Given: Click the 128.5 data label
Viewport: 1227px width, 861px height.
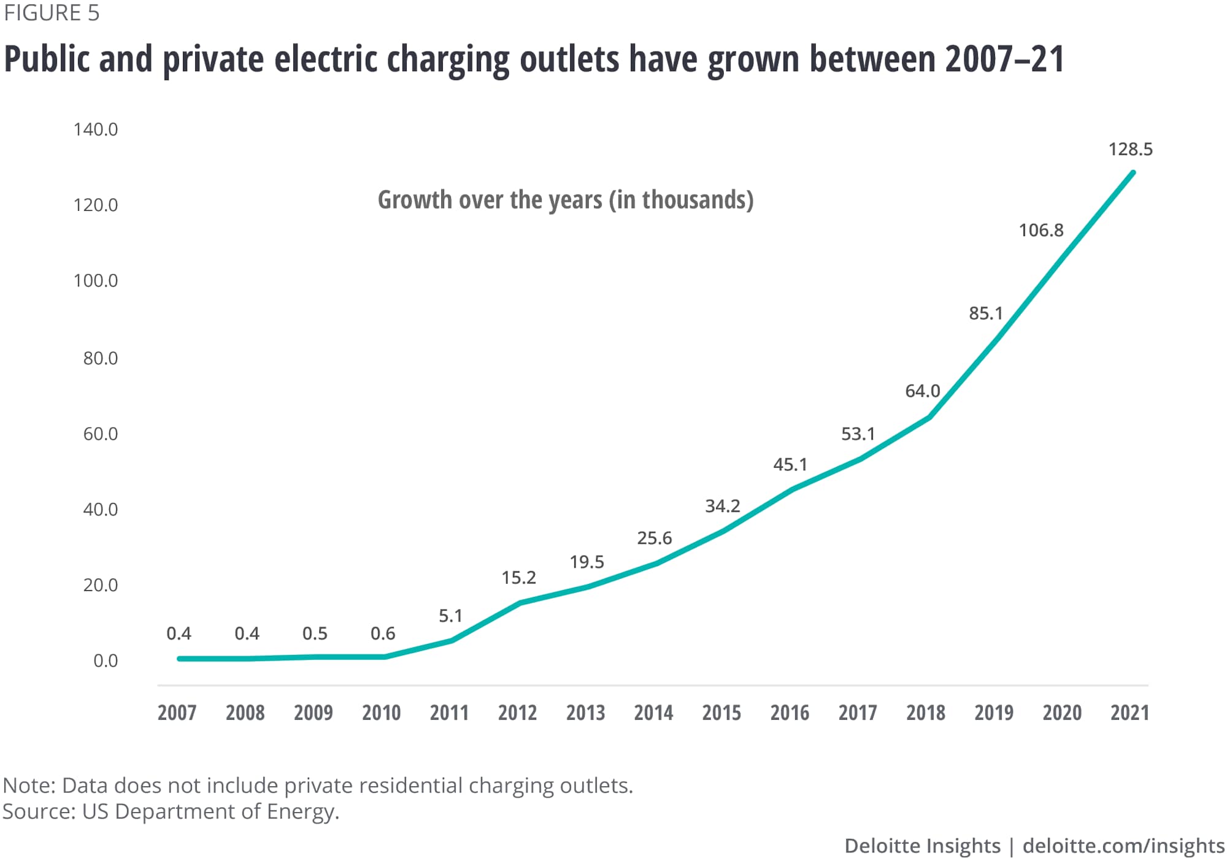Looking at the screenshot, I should pyautogui.click(x=1130, y=150).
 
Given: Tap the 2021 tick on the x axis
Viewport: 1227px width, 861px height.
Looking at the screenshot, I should pyautogui.click(x=1129, y=713).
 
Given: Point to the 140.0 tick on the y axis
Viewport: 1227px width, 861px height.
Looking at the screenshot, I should pyautogui.click(x=96, y=129).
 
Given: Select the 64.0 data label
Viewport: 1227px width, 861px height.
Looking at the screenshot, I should pyautogui.click(x=922, y=391).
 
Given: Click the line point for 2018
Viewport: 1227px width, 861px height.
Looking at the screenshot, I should pyautogui.click(x=929, y=418).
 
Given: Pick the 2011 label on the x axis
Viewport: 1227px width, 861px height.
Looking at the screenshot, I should pyautogui.click(x=449, y=713).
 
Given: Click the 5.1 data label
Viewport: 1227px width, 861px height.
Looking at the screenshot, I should pyautogui.click(x=450, y=616).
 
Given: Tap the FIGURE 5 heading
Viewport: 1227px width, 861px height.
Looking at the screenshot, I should pyautogui.click(x=52, y=13).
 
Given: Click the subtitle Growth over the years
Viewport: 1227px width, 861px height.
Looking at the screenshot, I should pyautogui.click(x=565, y=200).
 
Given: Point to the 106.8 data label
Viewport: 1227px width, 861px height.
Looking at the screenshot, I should pyautogui.click(x=1041, y=231).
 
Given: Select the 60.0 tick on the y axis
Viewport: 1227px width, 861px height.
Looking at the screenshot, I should pyautogui.click(x=101, y=434).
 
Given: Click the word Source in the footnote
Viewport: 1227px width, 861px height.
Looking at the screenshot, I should pyautogui.click(x=37, y=811).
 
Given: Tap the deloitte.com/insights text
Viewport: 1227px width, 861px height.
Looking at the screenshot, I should pyautogui.click(x=1123, y=846).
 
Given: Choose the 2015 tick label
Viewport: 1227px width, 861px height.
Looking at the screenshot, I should pyautogui.click(x=721, y=713).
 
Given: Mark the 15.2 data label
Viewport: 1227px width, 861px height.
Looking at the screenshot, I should pyautogui.click(x=518, y=578).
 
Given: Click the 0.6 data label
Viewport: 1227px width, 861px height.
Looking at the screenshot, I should pyautogui.click(x=383, y=633).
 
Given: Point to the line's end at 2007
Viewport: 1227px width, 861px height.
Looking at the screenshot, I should pyautogui.click(x=179, y=659).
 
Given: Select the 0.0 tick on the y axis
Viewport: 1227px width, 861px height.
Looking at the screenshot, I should pyautogui.click(x=106, y=661).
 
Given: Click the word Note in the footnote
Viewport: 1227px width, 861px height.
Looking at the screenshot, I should pyautogui.click(x=28, y=786).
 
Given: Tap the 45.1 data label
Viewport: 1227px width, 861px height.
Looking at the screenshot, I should pyautogui.click(x=790, y=465).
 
